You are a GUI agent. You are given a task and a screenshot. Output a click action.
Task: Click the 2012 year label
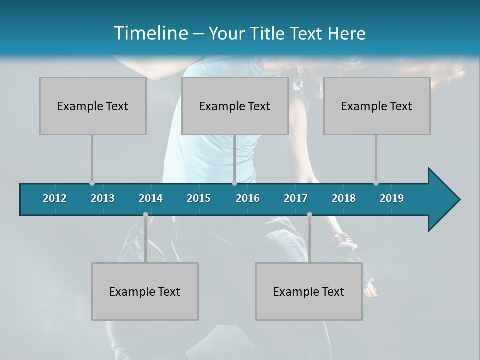pos(55,198)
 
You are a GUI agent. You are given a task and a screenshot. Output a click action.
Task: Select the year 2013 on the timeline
pos(103,198)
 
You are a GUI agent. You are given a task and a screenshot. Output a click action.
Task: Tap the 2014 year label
pos(151,198)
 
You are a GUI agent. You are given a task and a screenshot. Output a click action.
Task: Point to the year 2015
pos(199,198)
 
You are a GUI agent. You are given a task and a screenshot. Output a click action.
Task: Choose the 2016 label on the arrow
pos(248,198)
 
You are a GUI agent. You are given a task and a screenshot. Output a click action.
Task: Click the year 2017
pos(296,198)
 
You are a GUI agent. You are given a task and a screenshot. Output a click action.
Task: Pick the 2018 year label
pos(344,198)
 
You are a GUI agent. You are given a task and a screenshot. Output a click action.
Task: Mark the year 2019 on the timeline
pos(392,198)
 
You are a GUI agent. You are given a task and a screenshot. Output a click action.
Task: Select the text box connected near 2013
pos(93,106)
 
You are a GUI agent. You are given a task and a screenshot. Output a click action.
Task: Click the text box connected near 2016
pos(235,106)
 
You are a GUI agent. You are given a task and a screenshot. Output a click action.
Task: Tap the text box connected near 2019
pos(377,106)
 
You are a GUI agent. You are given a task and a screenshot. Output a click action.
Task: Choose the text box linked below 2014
pos(145,291)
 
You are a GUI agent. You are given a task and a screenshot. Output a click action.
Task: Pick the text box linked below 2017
pos(309,291)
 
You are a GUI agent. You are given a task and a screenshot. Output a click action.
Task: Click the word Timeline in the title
pos(150,33)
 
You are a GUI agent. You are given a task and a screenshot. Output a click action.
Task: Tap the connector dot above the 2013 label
pos(92,183)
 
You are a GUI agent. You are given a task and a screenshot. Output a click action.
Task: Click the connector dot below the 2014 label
pos(145,215)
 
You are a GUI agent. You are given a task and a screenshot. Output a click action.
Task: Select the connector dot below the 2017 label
pos(309,215)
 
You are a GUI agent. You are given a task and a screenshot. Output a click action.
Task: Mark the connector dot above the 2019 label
pos(376,183)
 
